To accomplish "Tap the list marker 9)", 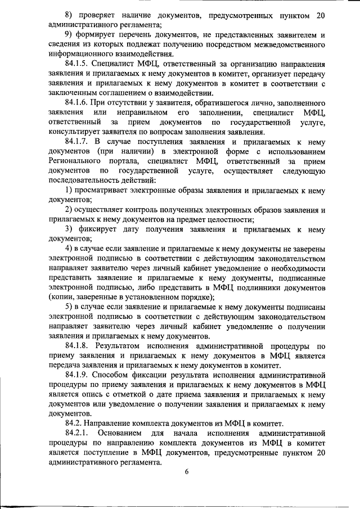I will click(x=69, y=35).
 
